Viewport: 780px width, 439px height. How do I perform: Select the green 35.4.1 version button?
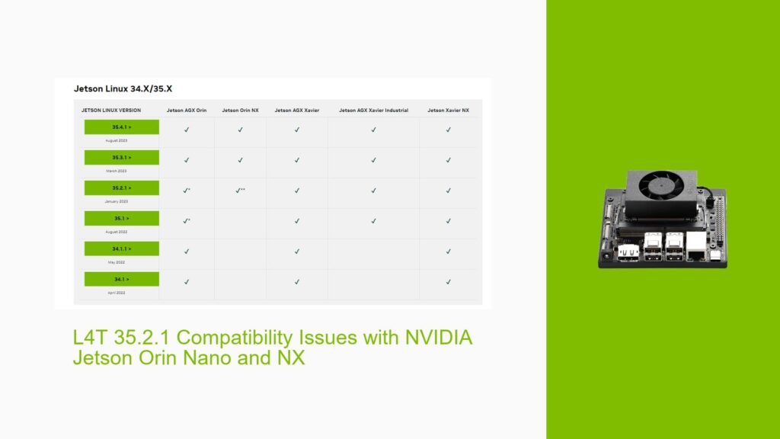click(x=122, y=127)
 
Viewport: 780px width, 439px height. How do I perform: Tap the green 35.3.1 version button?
click(x=122, y=158)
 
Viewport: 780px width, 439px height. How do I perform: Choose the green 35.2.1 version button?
click(x=122, y=188)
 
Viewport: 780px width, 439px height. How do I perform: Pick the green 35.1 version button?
click(x=122, y=219)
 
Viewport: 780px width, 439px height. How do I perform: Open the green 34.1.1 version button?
click(x=122, y=249)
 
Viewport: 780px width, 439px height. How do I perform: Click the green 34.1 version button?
click(x=122, y=280)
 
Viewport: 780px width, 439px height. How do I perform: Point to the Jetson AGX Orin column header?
click(x=186, y=111)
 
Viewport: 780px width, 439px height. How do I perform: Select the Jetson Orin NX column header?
click(x=240, y=111)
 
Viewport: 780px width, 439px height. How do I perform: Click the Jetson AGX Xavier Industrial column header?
click(x=373, y=111)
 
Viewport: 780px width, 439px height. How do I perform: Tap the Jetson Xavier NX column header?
click(x=448, y=111)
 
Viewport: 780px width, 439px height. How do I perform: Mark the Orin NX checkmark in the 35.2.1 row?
click(x=239, y=191)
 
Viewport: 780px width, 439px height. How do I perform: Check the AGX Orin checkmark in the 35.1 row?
click(x=185, y=221)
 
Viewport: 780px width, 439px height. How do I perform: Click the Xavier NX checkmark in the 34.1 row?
click(x=448, y=282)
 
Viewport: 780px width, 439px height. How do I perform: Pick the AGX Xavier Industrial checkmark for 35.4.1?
click(x=373, y=130)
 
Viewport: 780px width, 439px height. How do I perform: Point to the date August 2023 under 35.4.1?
click(x=117, y=141)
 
